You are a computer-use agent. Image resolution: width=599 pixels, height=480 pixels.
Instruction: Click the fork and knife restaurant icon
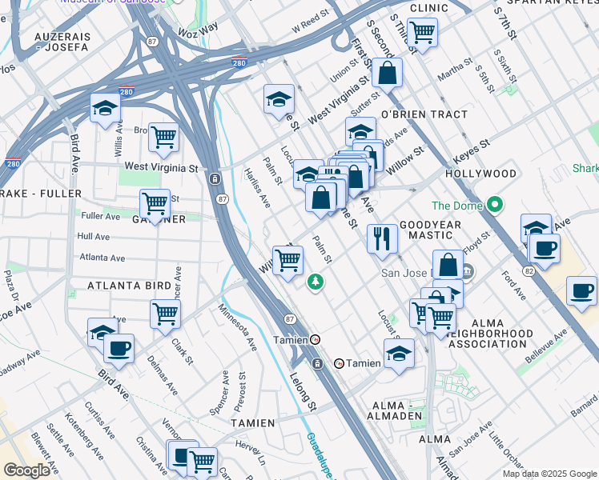pos(382,238)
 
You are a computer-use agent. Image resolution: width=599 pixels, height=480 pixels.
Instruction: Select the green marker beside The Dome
pos(495,206)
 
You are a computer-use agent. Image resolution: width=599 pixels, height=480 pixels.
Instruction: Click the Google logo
pos(27,470)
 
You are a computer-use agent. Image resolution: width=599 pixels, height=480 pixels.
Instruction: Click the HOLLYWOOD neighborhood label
pos(480,174)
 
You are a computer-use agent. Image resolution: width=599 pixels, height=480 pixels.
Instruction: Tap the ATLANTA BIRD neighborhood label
pos(129,286)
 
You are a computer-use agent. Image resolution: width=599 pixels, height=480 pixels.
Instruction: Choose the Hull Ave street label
pos(94,237)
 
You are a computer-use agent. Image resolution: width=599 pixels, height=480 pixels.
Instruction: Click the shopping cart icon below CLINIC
pos(421,33)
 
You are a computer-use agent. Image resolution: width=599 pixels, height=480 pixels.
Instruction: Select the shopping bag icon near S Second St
pos(386,73)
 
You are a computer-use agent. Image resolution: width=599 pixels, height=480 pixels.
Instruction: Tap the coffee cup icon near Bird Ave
pos(119,348)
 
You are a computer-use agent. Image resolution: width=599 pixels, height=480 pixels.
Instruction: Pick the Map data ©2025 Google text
pos(549,474)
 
